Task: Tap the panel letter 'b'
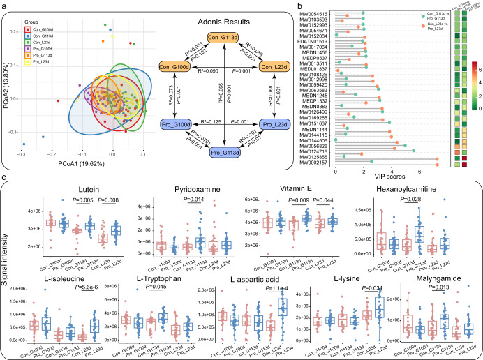pyautogui.click(x=302, y=6)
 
